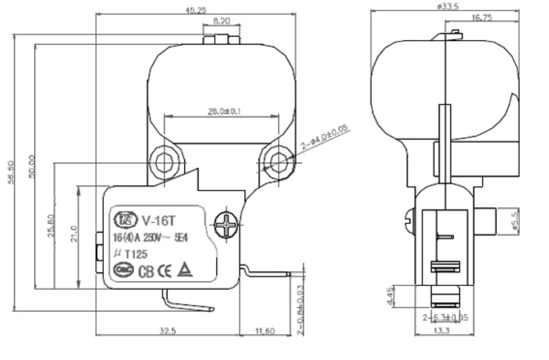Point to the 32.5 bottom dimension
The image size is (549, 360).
coord(167,331)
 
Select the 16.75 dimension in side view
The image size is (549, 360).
coord(482,18)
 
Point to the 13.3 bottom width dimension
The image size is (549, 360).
coord(445,331)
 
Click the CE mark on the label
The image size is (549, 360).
coord(167,270)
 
